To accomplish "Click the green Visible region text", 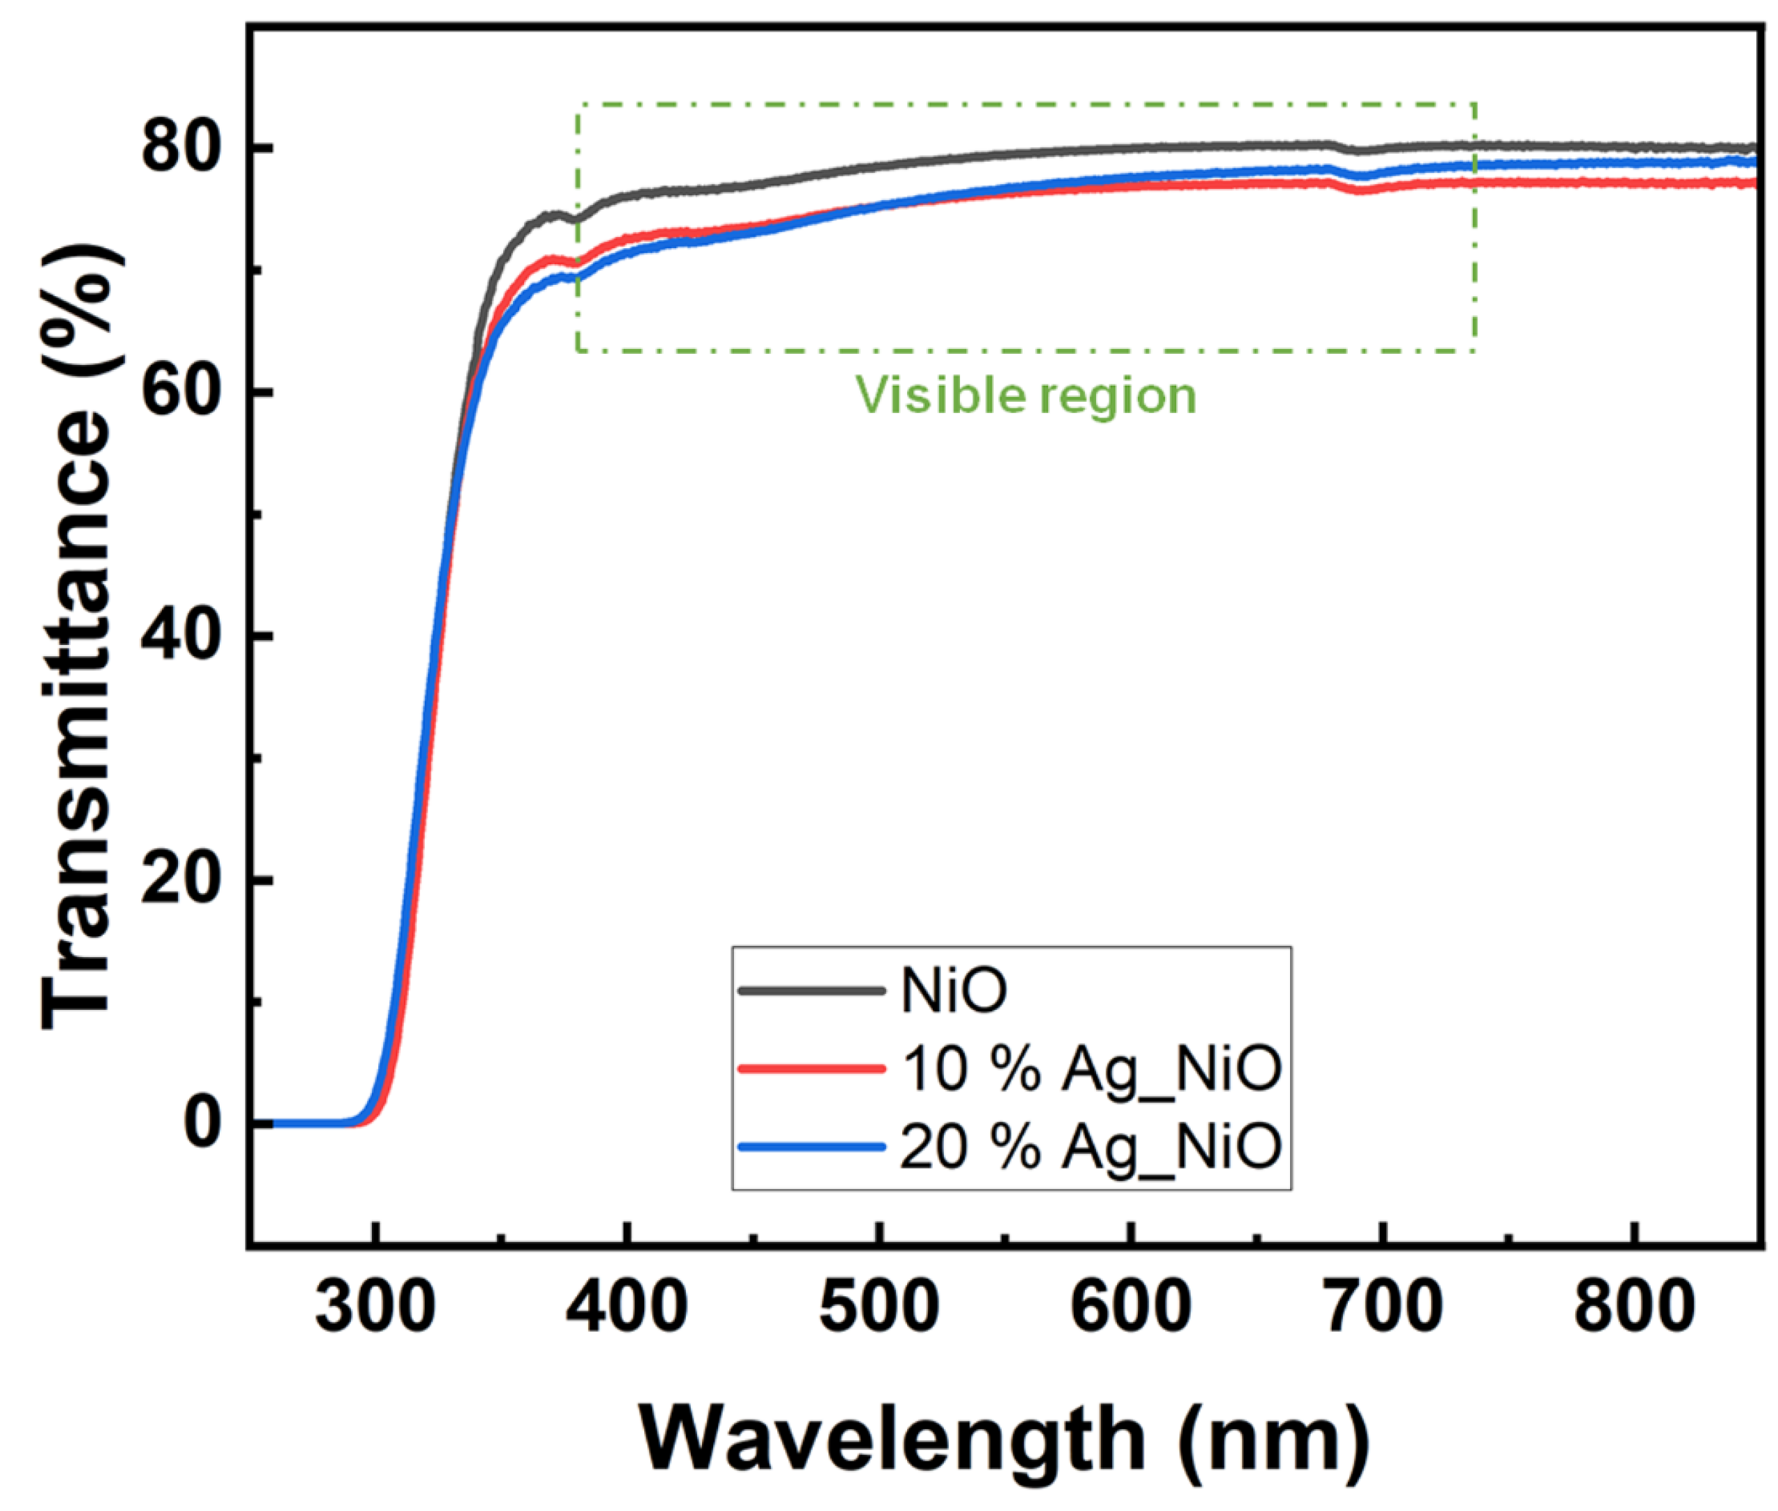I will pos(1026,395).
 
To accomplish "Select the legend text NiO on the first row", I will pos(953,991).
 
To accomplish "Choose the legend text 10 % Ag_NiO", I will pos(1091,1069).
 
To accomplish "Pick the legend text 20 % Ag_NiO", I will pos(1091,1147).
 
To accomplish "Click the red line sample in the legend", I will pos(811,1068).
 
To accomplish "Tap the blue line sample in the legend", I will pos(811,1146).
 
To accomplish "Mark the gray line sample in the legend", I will pos(811,991).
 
